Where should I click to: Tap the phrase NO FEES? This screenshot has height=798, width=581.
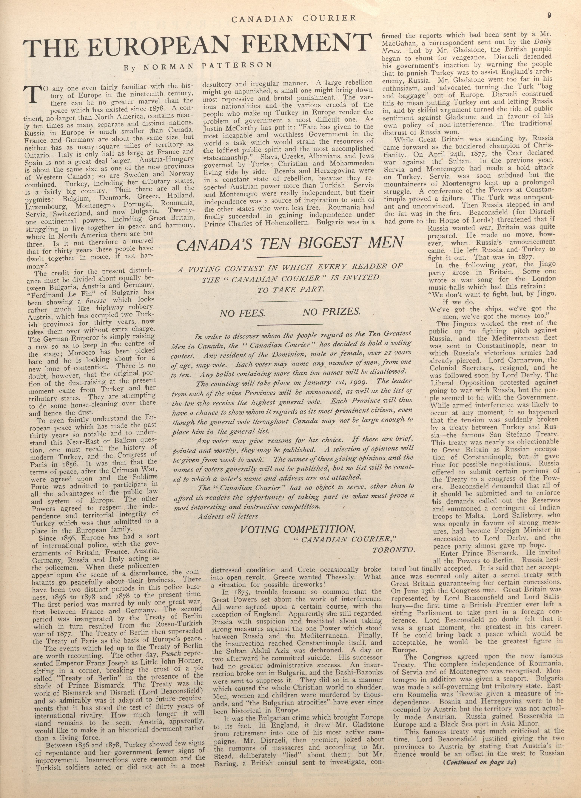point(242,313)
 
